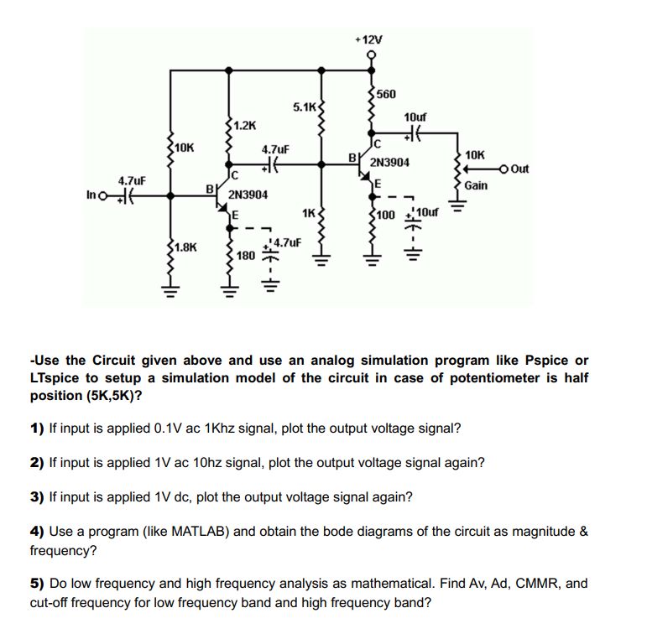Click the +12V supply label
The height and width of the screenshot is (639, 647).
pos(368,39)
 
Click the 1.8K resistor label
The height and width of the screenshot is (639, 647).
pos(185,247)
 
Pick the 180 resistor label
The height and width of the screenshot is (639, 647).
pos(246,254)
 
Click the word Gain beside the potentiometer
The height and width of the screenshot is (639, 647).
pos(476,185)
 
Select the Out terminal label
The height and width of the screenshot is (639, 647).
pos(520,169)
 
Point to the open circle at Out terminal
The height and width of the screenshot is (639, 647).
pos(504,169)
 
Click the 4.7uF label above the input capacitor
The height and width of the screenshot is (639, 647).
pos(132,180)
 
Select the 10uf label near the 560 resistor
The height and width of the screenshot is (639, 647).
pos(415,116)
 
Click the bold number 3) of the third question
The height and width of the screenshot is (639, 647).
pos(37,496)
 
